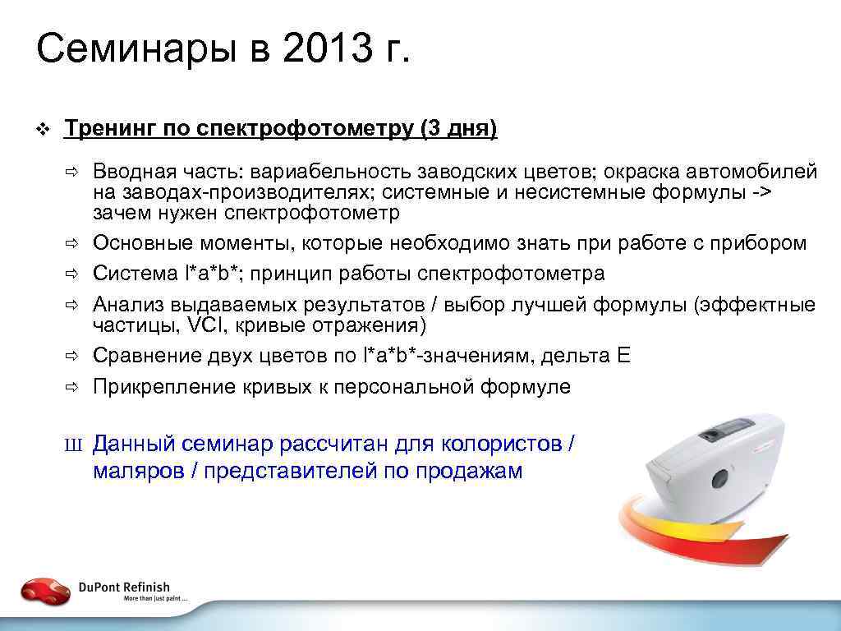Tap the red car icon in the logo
click(46, 590)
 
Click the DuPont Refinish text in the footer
click(124, 587)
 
